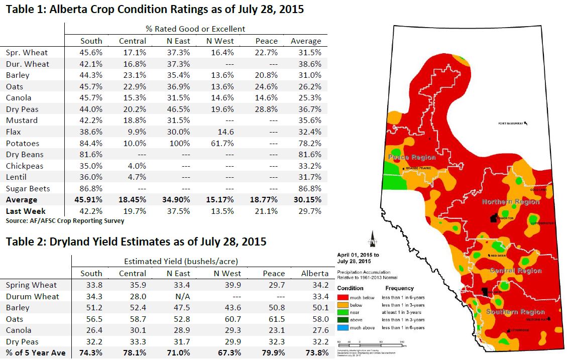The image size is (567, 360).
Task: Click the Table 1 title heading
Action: [155, 9]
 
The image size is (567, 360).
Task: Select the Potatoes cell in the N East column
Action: [178, 143]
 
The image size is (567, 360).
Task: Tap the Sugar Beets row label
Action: [28, 188]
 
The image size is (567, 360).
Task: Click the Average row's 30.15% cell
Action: [306, 200]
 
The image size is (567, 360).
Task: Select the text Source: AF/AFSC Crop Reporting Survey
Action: [65, 220]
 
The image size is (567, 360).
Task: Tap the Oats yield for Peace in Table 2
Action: [273, 319]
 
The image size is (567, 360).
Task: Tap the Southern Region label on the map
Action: [515, 312]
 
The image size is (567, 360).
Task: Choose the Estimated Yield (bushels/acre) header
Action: [181, 261]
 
